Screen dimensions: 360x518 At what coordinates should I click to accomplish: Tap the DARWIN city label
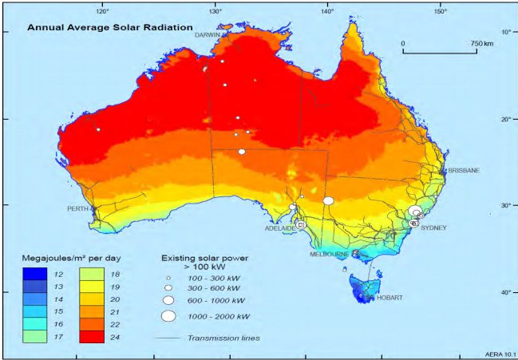click(x=209, y=35)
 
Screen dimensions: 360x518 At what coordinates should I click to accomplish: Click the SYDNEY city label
click(x=433, y=228)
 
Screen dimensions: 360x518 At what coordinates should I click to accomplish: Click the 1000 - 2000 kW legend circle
click(x=168, y=316)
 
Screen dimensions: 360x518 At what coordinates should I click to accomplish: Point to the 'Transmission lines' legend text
click(x=223, y=338)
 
